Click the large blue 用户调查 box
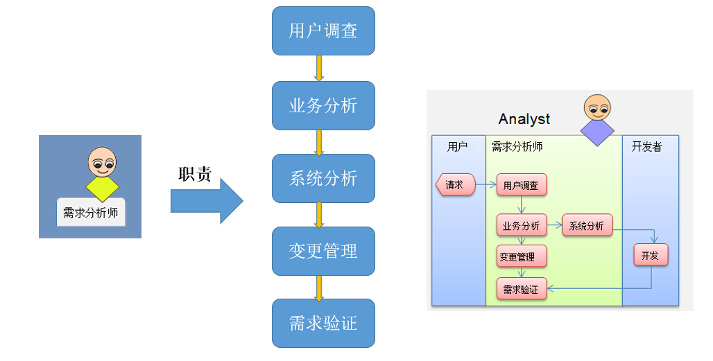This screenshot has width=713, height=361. [x=323, y=30]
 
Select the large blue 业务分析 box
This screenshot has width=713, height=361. [x=323, y=105]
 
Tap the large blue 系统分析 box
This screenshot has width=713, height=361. [x=323, y=178]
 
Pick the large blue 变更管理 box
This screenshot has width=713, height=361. [x=323, y=251]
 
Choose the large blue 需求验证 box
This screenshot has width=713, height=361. [x=323, y=323]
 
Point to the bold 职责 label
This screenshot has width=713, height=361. [x=195, y=174]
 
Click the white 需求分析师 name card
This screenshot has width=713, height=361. [x=91, y=213]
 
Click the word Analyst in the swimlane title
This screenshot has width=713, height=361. [x=524, y=119]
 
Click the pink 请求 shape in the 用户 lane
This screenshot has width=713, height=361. [x=455, y=185]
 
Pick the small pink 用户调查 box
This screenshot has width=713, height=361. [x=521, y=185]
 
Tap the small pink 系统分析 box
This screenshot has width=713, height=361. [x=587, y=225]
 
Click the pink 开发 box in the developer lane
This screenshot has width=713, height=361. [x=651, y=255]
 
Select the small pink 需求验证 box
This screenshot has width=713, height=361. [x=521, y=289]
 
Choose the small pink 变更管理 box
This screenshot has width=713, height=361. [x=521, y=256]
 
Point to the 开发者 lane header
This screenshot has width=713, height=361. [x=646, y=147]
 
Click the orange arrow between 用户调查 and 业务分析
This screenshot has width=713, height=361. [x=320, y=68]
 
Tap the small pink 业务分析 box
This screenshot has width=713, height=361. [x=521, y=225]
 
